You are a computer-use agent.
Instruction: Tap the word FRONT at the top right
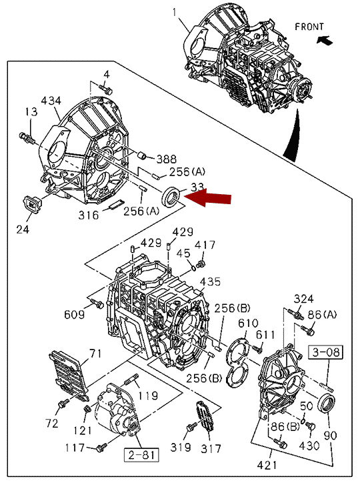pos(309,27)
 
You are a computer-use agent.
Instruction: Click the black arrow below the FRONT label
pos(325,40)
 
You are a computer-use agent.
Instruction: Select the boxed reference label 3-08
pos(326,352)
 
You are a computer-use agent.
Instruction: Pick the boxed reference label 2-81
pos(141,455)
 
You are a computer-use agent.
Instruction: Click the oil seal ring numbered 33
pos(171,197)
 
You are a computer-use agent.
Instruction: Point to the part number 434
pos(51,101)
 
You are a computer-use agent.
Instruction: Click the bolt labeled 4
pos(106,89)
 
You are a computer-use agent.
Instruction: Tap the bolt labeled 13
pos(27,138)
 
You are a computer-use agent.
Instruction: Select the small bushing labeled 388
pos(141,155)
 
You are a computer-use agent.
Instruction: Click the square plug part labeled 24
pos(31,204)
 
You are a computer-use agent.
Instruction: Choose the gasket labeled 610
pos(238,363)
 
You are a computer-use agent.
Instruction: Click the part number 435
pos(210,282)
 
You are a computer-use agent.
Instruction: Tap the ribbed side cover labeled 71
pos(69,376)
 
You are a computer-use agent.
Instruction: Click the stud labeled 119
pos(131,380)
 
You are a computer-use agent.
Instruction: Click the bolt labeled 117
pos(101,447)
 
